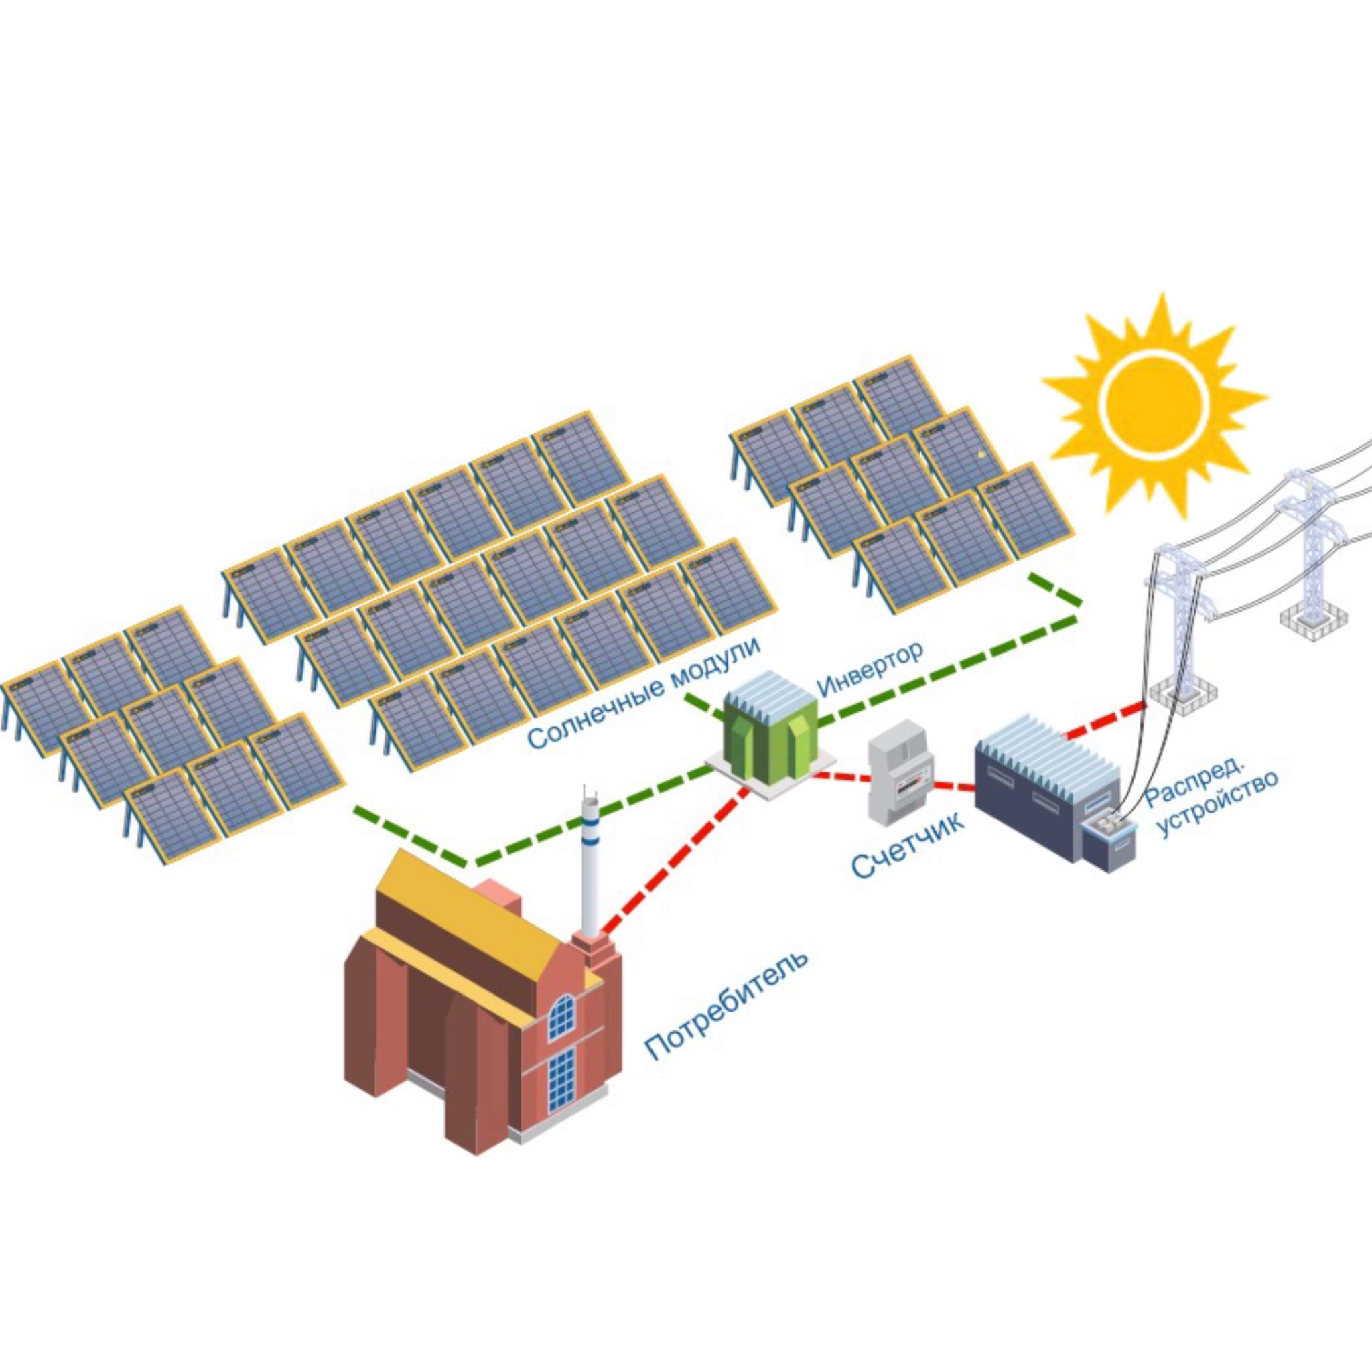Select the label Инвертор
870,667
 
